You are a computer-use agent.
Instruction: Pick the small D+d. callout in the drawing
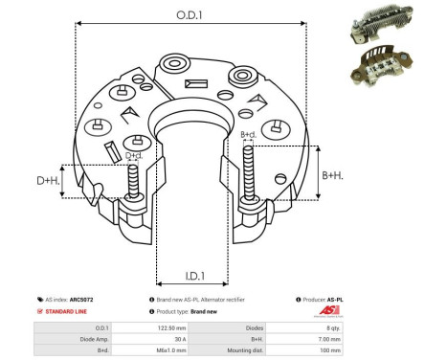pyautogui.click(x=134, y=154)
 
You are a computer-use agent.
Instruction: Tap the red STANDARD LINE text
pyautogui.click(x=70, y=312)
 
